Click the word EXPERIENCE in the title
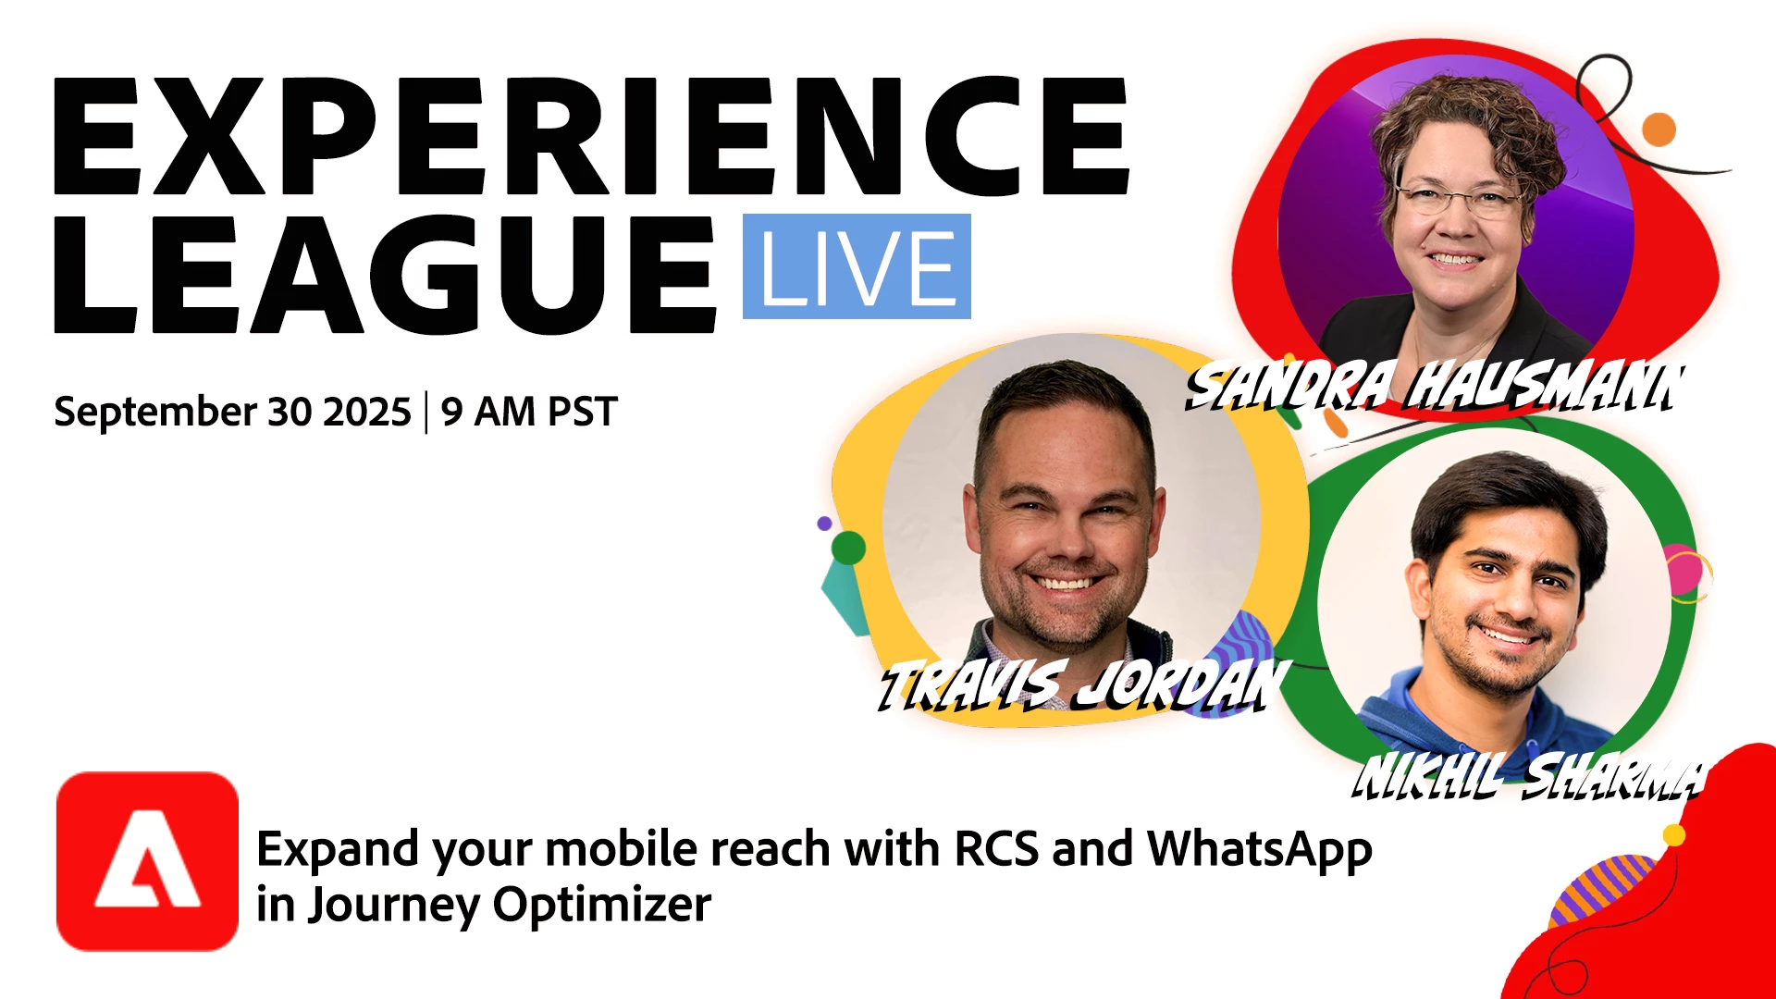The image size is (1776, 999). tap(592, 136)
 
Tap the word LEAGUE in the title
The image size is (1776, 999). tap(386, 275)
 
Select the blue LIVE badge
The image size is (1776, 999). tap(857, 266)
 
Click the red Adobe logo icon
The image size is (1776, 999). tap(147, 861)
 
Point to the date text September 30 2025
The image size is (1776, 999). tap(232, 412)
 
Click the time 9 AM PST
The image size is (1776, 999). tap(529, 412)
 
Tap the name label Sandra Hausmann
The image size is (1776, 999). tap(1435, 386)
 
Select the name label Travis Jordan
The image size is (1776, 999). tap(1083, 685)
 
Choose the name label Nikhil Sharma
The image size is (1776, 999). tap(1527, 775)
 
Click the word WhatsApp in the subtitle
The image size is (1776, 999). tap(1260, 850)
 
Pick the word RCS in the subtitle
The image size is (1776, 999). tap(996, 848)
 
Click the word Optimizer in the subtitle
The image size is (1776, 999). tap(602, 906)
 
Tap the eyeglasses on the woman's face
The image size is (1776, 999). tap(1457, 197)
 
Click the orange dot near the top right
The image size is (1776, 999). tap(1659, 129)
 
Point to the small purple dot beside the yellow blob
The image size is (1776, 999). tap(824, 524)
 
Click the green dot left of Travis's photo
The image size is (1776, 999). tap(848, 549)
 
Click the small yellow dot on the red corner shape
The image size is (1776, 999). tap(1674, 835)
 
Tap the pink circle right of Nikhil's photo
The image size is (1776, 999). tap(1683, 570)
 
